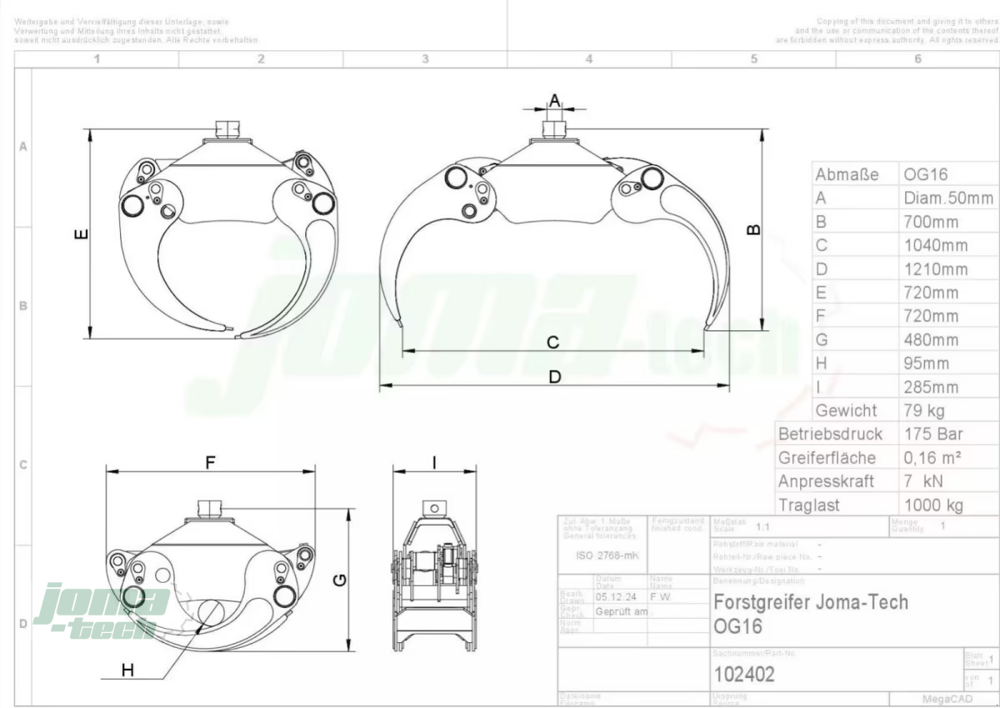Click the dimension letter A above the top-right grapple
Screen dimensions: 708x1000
[x=555, y=100]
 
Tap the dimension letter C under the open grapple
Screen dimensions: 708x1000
[x=552, y=342]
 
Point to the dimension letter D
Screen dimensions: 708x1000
[x=555, y=377]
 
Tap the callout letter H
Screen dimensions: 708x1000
[x=127, y=670]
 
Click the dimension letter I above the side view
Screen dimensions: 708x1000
[x=434, y=461]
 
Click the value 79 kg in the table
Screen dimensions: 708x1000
[x=924, y=410]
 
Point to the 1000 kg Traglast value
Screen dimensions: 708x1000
[x=933, y=505]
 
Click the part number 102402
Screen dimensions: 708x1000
[x=744, y=674]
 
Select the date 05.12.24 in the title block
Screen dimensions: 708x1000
[x=617, y=596]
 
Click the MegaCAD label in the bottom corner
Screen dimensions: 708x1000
[x=943, y=699]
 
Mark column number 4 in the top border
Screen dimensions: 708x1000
[x=589, y=59]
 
